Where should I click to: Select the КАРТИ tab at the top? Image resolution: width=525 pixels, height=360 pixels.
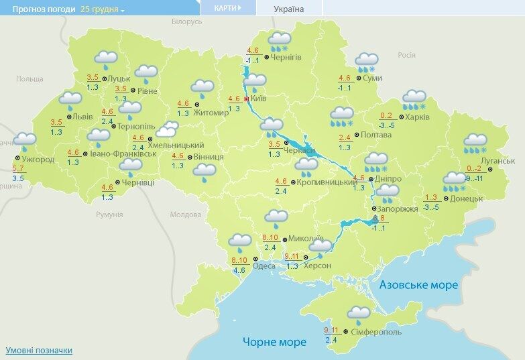point(227,8)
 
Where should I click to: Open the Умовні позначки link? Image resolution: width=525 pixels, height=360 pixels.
point(38,350)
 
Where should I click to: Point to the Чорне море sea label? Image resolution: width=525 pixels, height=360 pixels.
point(274,341)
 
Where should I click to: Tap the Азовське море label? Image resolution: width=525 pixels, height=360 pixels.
point(419,285)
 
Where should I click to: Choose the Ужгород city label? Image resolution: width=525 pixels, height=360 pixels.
point(38,160)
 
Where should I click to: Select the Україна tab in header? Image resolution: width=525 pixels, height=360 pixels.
point(289,9)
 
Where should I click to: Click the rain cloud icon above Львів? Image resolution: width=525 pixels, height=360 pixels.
point(70,101)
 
